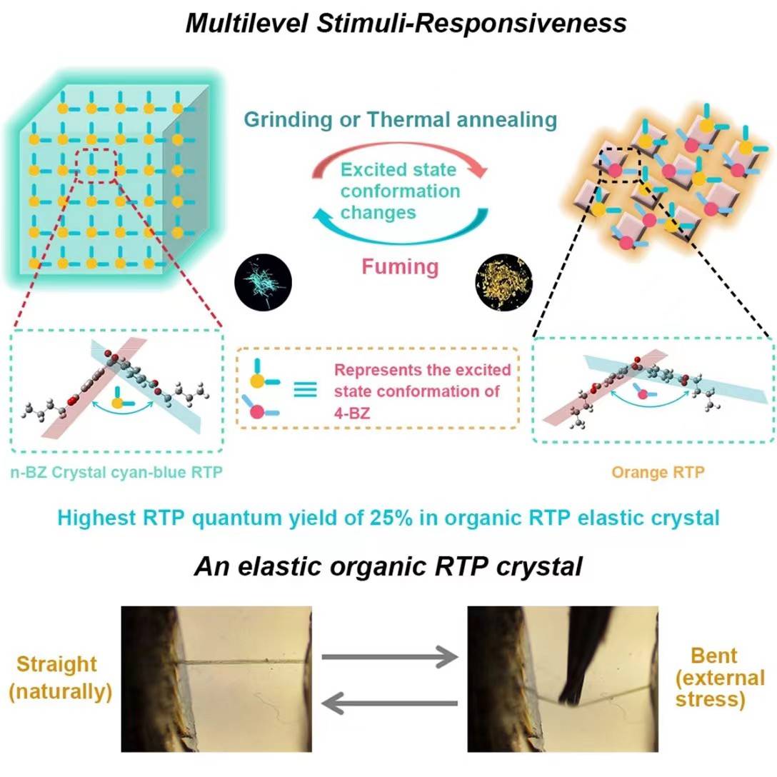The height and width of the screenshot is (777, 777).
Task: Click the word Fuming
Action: point(399,266)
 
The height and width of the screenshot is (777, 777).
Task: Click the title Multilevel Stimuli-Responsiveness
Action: point(406,24)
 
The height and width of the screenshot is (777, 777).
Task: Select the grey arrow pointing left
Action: point(389,704)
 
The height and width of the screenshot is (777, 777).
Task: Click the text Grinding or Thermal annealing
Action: point(399,119)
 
